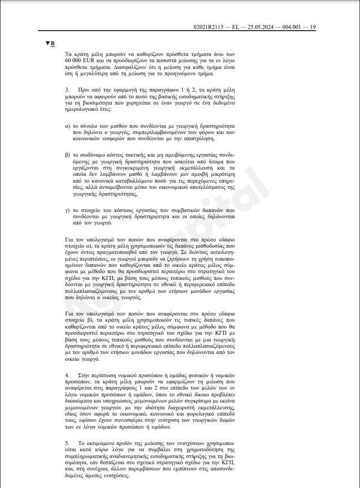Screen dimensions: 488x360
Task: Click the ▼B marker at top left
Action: coord(50,43)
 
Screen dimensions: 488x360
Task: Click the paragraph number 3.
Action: coord(67,90)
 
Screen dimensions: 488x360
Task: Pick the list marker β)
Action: coord(68,154)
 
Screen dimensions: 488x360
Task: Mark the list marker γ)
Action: coord(68,209)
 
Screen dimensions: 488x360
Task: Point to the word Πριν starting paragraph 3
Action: coord(87,90)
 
